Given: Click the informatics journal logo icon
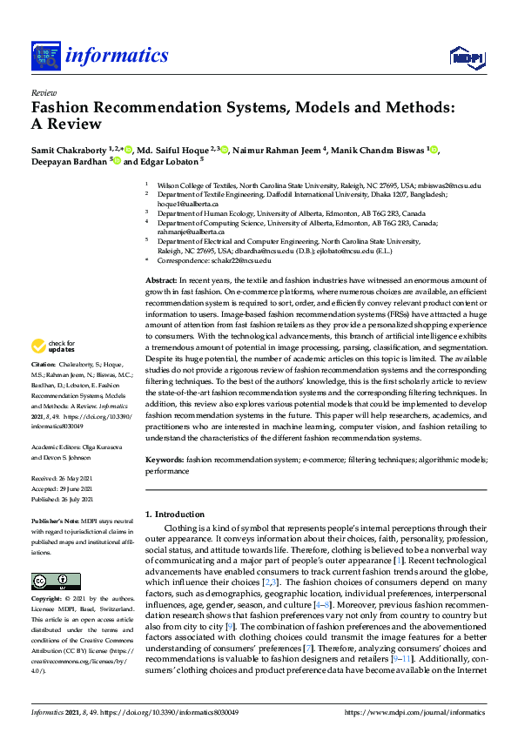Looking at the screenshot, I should pos(46,57).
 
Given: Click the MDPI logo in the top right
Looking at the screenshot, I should pos(466,57).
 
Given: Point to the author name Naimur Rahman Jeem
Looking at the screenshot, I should pos(277,151).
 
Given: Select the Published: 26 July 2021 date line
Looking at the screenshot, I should pos(66,501).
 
